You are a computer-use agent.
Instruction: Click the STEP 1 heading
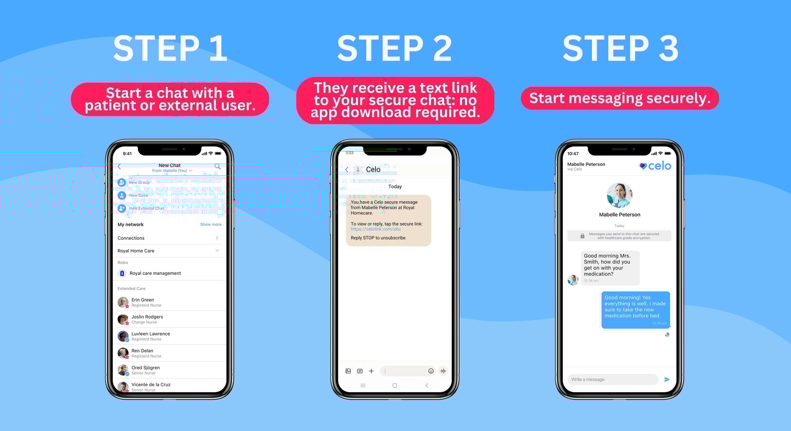[170, 49]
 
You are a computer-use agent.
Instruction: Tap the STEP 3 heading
[620, 49]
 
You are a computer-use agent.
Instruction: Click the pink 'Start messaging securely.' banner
[620, 98]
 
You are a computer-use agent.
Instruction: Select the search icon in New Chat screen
[217, 166]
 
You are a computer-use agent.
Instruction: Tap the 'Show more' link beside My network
[211, 224]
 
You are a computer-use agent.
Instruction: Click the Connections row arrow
[217, 238]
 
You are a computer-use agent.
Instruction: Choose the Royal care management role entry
[155, 273]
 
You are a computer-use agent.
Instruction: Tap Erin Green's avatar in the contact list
[123, 302]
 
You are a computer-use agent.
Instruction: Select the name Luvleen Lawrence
[150, 334]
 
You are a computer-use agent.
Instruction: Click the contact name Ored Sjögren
[145, 368]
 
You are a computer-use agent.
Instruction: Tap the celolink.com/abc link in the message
[376, 229]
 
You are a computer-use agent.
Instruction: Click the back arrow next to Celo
[347, 170]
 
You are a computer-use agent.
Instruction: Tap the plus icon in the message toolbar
[371, 371]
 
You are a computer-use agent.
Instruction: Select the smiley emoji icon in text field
[431, 371]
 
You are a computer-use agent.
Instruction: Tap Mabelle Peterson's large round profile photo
[619, 196]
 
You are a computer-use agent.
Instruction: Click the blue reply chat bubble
[635, 309]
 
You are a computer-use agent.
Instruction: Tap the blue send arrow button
[667, 379]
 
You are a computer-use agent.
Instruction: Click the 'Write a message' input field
[612, 379]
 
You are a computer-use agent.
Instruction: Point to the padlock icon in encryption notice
[582, 236]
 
